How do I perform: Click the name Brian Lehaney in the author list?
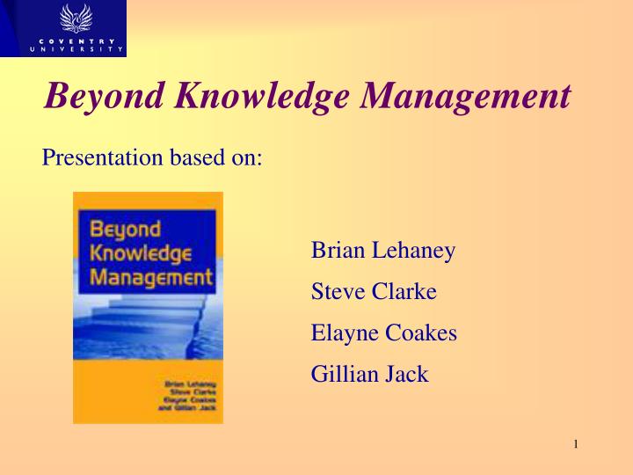pos(383,251)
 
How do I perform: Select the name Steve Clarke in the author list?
pos(374,291)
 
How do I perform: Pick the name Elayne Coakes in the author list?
pos(384,332)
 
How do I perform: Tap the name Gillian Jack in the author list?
pos(369,374)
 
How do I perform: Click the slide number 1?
pos(575,444)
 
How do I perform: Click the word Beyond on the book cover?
pos(126,230)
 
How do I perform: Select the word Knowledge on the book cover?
pos(141,254)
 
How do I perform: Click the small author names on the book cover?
pos(189,396)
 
